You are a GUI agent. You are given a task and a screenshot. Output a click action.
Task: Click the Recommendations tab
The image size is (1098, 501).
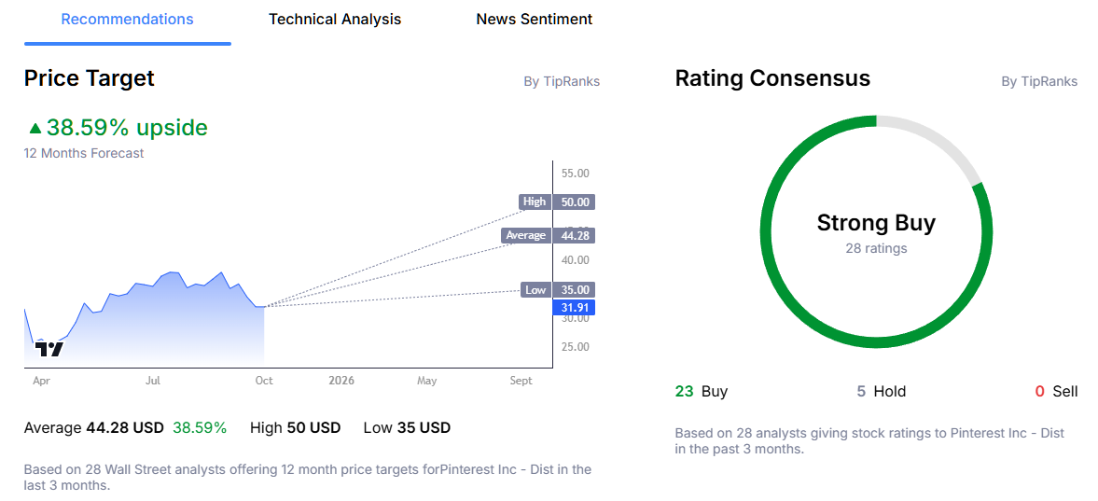[x=128, y=20]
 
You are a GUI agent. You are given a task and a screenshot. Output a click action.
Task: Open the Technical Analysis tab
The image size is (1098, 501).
[x=335, y=20]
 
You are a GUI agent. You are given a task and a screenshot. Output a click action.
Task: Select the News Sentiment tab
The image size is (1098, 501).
[x=534, y=20]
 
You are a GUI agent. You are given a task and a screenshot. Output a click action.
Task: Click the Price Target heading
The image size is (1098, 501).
[x=90, y=79]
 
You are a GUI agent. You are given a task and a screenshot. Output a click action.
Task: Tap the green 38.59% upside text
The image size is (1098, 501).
[x=126, y=128]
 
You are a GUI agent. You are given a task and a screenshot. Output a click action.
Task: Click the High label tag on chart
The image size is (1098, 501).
[x=535, y=202]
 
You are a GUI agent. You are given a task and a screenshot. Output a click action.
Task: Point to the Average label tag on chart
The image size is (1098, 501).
[x=525, y=235]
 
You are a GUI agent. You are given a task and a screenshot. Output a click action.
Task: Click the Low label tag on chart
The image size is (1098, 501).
[x=535, y=290]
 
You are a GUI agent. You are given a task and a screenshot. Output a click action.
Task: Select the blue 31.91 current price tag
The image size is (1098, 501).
[x=573, y=307]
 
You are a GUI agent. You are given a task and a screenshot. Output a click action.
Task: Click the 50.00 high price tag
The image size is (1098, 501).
[x=573, y=202]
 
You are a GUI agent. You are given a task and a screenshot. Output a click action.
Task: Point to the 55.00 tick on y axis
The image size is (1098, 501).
[x=575, y=174]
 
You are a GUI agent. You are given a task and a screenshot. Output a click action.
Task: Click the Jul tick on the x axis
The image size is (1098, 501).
[x=153, y=381]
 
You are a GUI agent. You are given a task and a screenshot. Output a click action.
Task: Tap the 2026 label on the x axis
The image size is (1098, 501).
[x=341, y=381]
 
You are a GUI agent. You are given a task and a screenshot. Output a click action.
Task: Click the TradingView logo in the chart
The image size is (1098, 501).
[x=49, y=349]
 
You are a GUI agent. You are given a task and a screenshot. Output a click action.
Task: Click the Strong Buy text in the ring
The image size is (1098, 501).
[x=876, y=223]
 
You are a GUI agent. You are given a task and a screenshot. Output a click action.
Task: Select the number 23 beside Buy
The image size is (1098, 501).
[x=685, y=392]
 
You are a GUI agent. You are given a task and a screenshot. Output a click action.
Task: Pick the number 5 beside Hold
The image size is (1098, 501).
[x=862, y=392]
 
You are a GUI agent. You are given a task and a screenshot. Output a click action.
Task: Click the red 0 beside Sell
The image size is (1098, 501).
[x=1040, y=392]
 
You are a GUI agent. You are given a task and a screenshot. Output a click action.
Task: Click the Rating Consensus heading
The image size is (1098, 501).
[x=772, y=79]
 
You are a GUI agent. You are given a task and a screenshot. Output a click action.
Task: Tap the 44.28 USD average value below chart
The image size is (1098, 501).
[x=125, y=428]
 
